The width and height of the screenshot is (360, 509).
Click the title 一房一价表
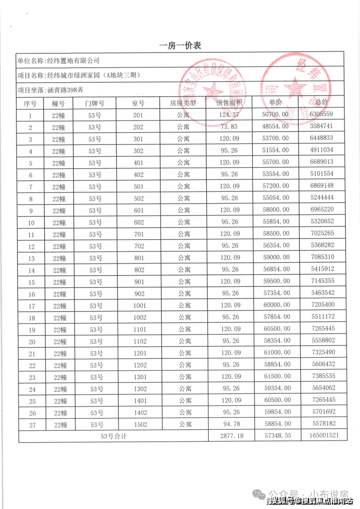[x=180, y=46]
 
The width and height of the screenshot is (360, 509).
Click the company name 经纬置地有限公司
[x=72, y=61]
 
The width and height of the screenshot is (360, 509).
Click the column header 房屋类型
[x=183, y=103]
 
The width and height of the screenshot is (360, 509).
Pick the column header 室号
[x=139, y=103]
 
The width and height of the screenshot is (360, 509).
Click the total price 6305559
[x=321, y=115]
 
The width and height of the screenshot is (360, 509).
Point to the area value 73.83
[x=230, y=127]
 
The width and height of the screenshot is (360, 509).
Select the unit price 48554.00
[x=276, y=127]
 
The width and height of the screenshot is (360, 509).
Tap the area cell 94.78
[x=230, y=424]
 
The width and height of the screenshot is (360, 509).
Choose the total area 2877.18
[x=230, y=436]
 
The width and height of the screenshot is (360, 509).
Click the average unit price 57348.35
[x=276, y=436]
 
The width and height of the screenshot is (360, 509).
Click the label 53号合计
[x=113, y=436]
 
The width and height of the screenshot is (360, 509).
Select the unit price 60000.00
[x=276, y=305]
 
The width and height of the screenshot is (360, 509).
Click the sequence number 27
[x=30, y=424]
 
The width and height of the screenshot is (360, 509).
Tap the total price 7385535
[x=321, y=377]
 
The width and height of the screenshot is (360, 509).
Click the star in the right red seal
[x=295, y=88]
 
